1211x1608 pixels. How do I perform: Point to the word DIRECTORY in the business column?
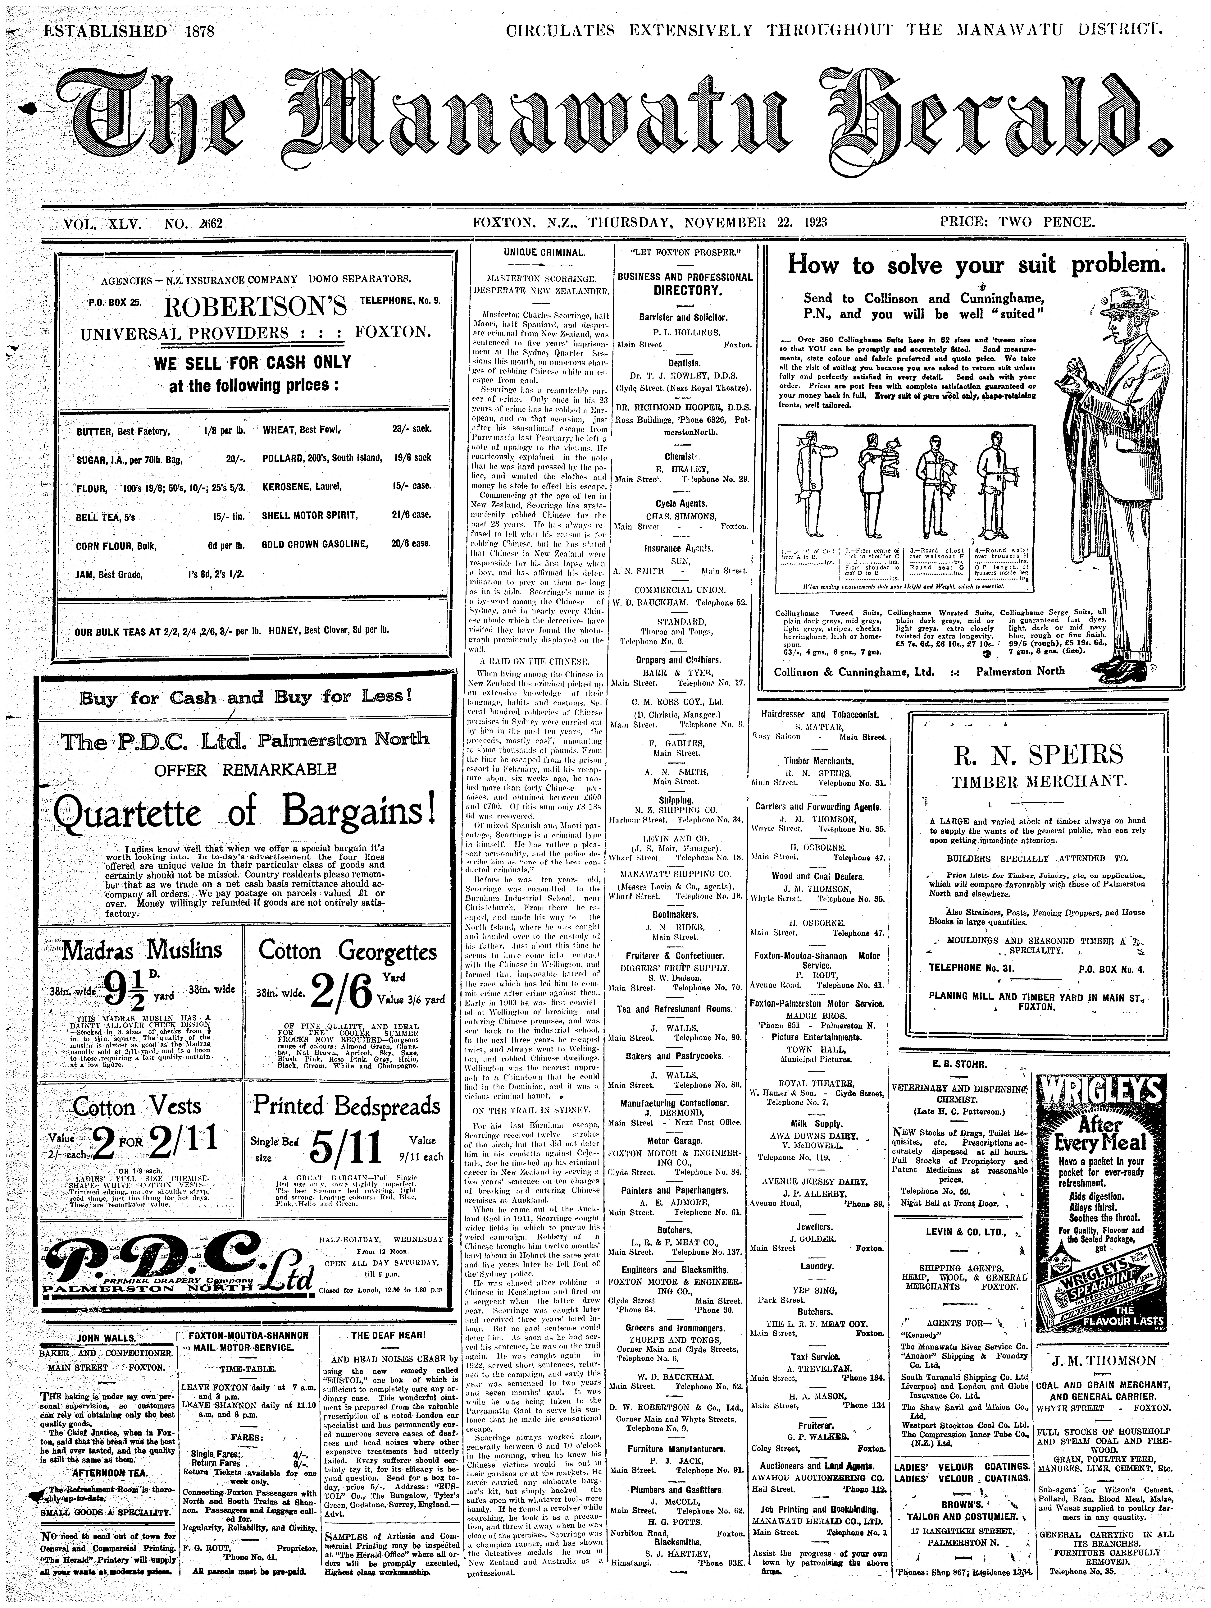[684, 291]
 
